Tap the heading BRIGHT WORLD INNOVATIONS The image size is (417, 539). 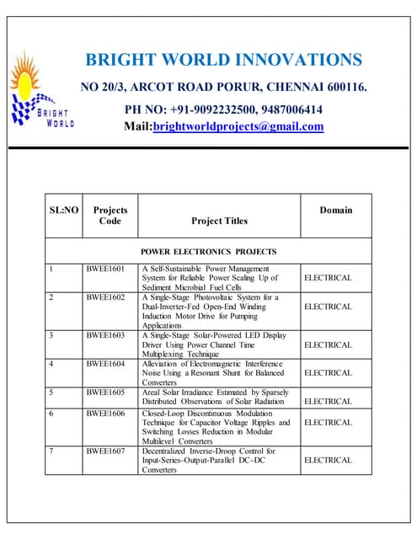point(224,60)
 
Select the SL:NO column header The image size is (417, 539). point(64,210)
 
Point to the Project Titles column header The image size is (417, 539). point(219,221)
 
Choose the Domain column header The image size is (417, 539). point(336,210)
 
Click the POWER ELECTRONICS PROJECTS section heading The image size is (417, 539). point(208,252)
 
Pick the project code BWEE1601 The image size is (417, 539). point(105,269)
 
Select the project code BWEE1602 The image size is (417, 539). point(105,297)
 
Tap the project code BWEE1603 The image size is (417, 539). point(105,335)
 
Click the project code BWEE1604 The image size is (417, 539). point(105,364)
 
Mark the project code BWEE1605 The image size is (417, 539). point(105,392)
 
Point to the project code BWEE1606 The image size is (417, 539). point(105,413)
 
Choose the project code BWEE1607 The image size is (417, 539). point(105,451)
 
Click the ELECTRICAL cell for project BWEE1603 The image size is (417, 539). point(328,345)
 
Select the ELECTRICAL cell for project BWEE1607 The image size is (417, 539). point(328,461)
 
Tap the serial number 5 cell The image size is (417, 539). point(51,392)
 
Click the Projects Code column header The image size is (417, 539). point(110,215)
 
